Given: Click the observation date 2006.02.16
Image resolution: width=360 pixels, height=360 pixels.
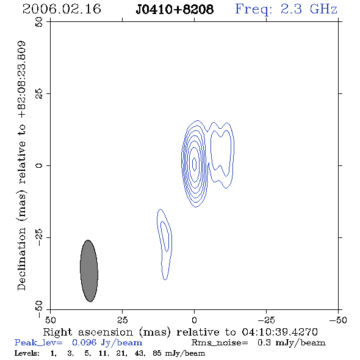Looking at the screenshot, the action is [x=62, y=9].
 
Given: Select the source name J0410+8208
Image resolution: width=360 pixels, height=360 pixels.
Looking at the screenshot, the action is [x=175, y=10].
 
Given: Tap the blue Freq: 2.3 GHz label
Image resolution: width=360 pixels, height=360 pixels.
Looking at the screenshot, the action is [x=286, y=10].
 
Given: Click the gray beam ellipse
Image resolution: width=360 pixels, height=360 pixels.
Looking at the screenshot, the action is [x=89, y=271].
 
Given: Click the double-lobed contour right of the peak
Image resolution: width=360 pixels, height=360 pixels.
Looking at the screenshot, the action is [x=234, y=156].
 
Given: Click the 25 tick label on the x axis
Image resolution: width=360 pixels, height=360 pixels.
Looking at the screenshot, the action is [x=122, y=320].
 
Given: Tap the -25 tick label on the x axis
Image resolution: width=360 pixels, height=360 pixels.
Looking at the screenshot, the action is [x=266, y=320].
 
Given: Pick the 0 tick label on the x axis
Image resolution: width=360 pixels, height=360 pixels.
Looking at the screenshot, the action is [x=194, y=320].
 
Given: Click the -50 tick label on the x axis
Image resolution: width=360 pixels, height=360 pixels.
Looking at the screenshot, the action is [x=338, y=320].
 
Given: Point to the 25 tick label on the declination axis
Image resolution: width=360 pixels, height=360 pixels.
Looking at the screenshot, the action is [x=39, y=94].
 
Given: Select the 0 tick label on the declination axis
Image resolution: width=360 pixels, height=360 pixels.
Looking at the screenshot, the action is [x=39, y=165].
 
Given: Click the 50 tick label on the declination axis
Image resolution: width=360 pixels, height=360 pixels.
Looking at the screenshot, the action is [x=39, y=22].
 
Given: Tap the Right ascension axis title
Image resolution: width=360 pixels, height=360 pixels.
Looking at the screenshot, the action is [x=181, y=332].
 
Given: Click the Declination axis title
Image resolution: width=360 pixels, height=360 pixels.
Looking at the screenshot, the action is [x=21, y=166].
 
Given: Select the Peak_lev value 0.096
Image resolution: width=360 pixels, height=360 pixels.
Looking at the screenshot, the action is [x=84, y=342].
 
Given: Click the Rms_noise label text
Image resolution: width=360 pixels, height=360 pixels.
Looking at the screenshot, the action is [x=220, y=343].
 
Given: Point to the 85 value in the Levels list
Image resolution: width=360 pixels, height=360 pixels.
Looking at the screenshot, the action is [x=157, y=353].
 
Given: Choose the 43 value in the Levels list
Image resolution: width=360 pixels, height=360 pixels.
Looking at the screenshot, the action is [x=139, y=353].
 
